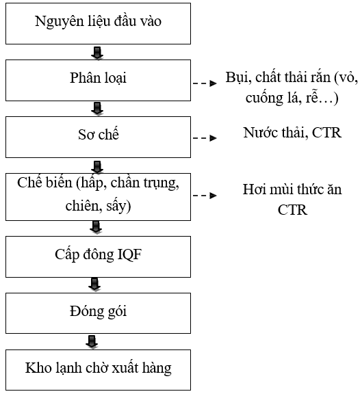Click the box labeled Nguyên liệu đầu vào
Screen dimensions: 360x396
click(98, 23)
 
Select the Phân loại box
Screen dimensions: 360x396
click(98, 80)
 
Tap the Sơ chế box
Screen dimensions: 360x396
click(98, 137)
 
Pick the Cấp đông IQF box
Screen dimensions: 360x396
click(98, 257)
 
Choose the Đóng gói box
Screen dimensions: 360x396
click(98, 313)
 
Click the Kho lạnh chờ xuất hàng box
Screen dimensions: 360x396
click(98, 370)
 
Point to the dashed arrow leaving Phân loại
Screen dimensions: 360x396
click(205, 83)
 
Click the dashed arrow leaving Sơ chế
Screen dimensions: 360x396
click(205, 138)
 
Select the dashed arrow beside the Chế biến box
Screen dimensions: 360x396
click(205, 195)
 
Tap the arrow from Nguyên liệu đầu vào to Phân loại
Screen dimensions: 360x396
click(97, 53)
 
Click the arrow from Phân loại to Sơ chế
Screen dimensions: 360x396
click(97, 109)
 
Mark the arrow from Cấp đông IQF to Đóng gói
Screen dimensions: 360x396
click(94, 285)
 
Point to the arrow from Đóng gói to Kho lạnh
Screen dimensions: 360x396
click(92, 342)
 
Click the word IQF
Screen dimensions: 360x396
click(129, 254)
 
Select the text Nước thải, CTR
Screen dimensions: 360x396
click(292, 133)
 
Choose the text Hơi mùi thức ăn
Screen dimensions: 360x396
click(292, 189)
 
